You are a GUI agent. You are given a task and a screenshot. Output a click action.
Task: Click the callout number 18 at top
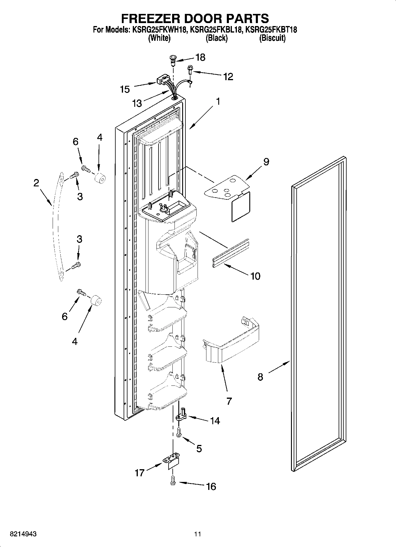pyautogui.click(x=200, y=57)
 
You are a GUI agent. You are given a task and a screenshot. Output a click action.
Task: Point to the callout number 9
pyautogui.click(x=266, y=162)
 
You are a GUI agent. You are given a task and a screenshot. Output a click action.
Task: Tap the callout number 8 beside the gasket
pyautogui.click(x=260, y=377)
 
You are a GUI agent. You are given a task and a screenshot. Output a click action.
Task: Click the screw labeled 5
pyautogui.click(x=178, y=433)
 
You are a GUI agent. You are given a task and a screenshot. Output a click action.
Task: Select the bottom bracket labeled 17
pyautogui.click(x=172, y=462)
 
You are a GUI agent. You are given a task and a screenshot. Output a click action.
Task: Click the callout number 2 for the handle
pyautogui.click(x=36, y=183)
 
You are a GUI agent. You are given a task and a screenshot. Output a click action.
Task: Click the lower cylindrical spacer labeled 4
pyautogui.click(x=96, y=301)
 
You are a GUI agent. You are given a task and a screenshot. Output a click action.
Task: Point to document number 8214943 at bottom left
pyautogui.click(x=23, y=534)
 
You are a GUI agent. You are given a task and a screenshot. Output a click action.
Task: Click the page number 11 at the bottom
pyautogui.click(x=198, y=534)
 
